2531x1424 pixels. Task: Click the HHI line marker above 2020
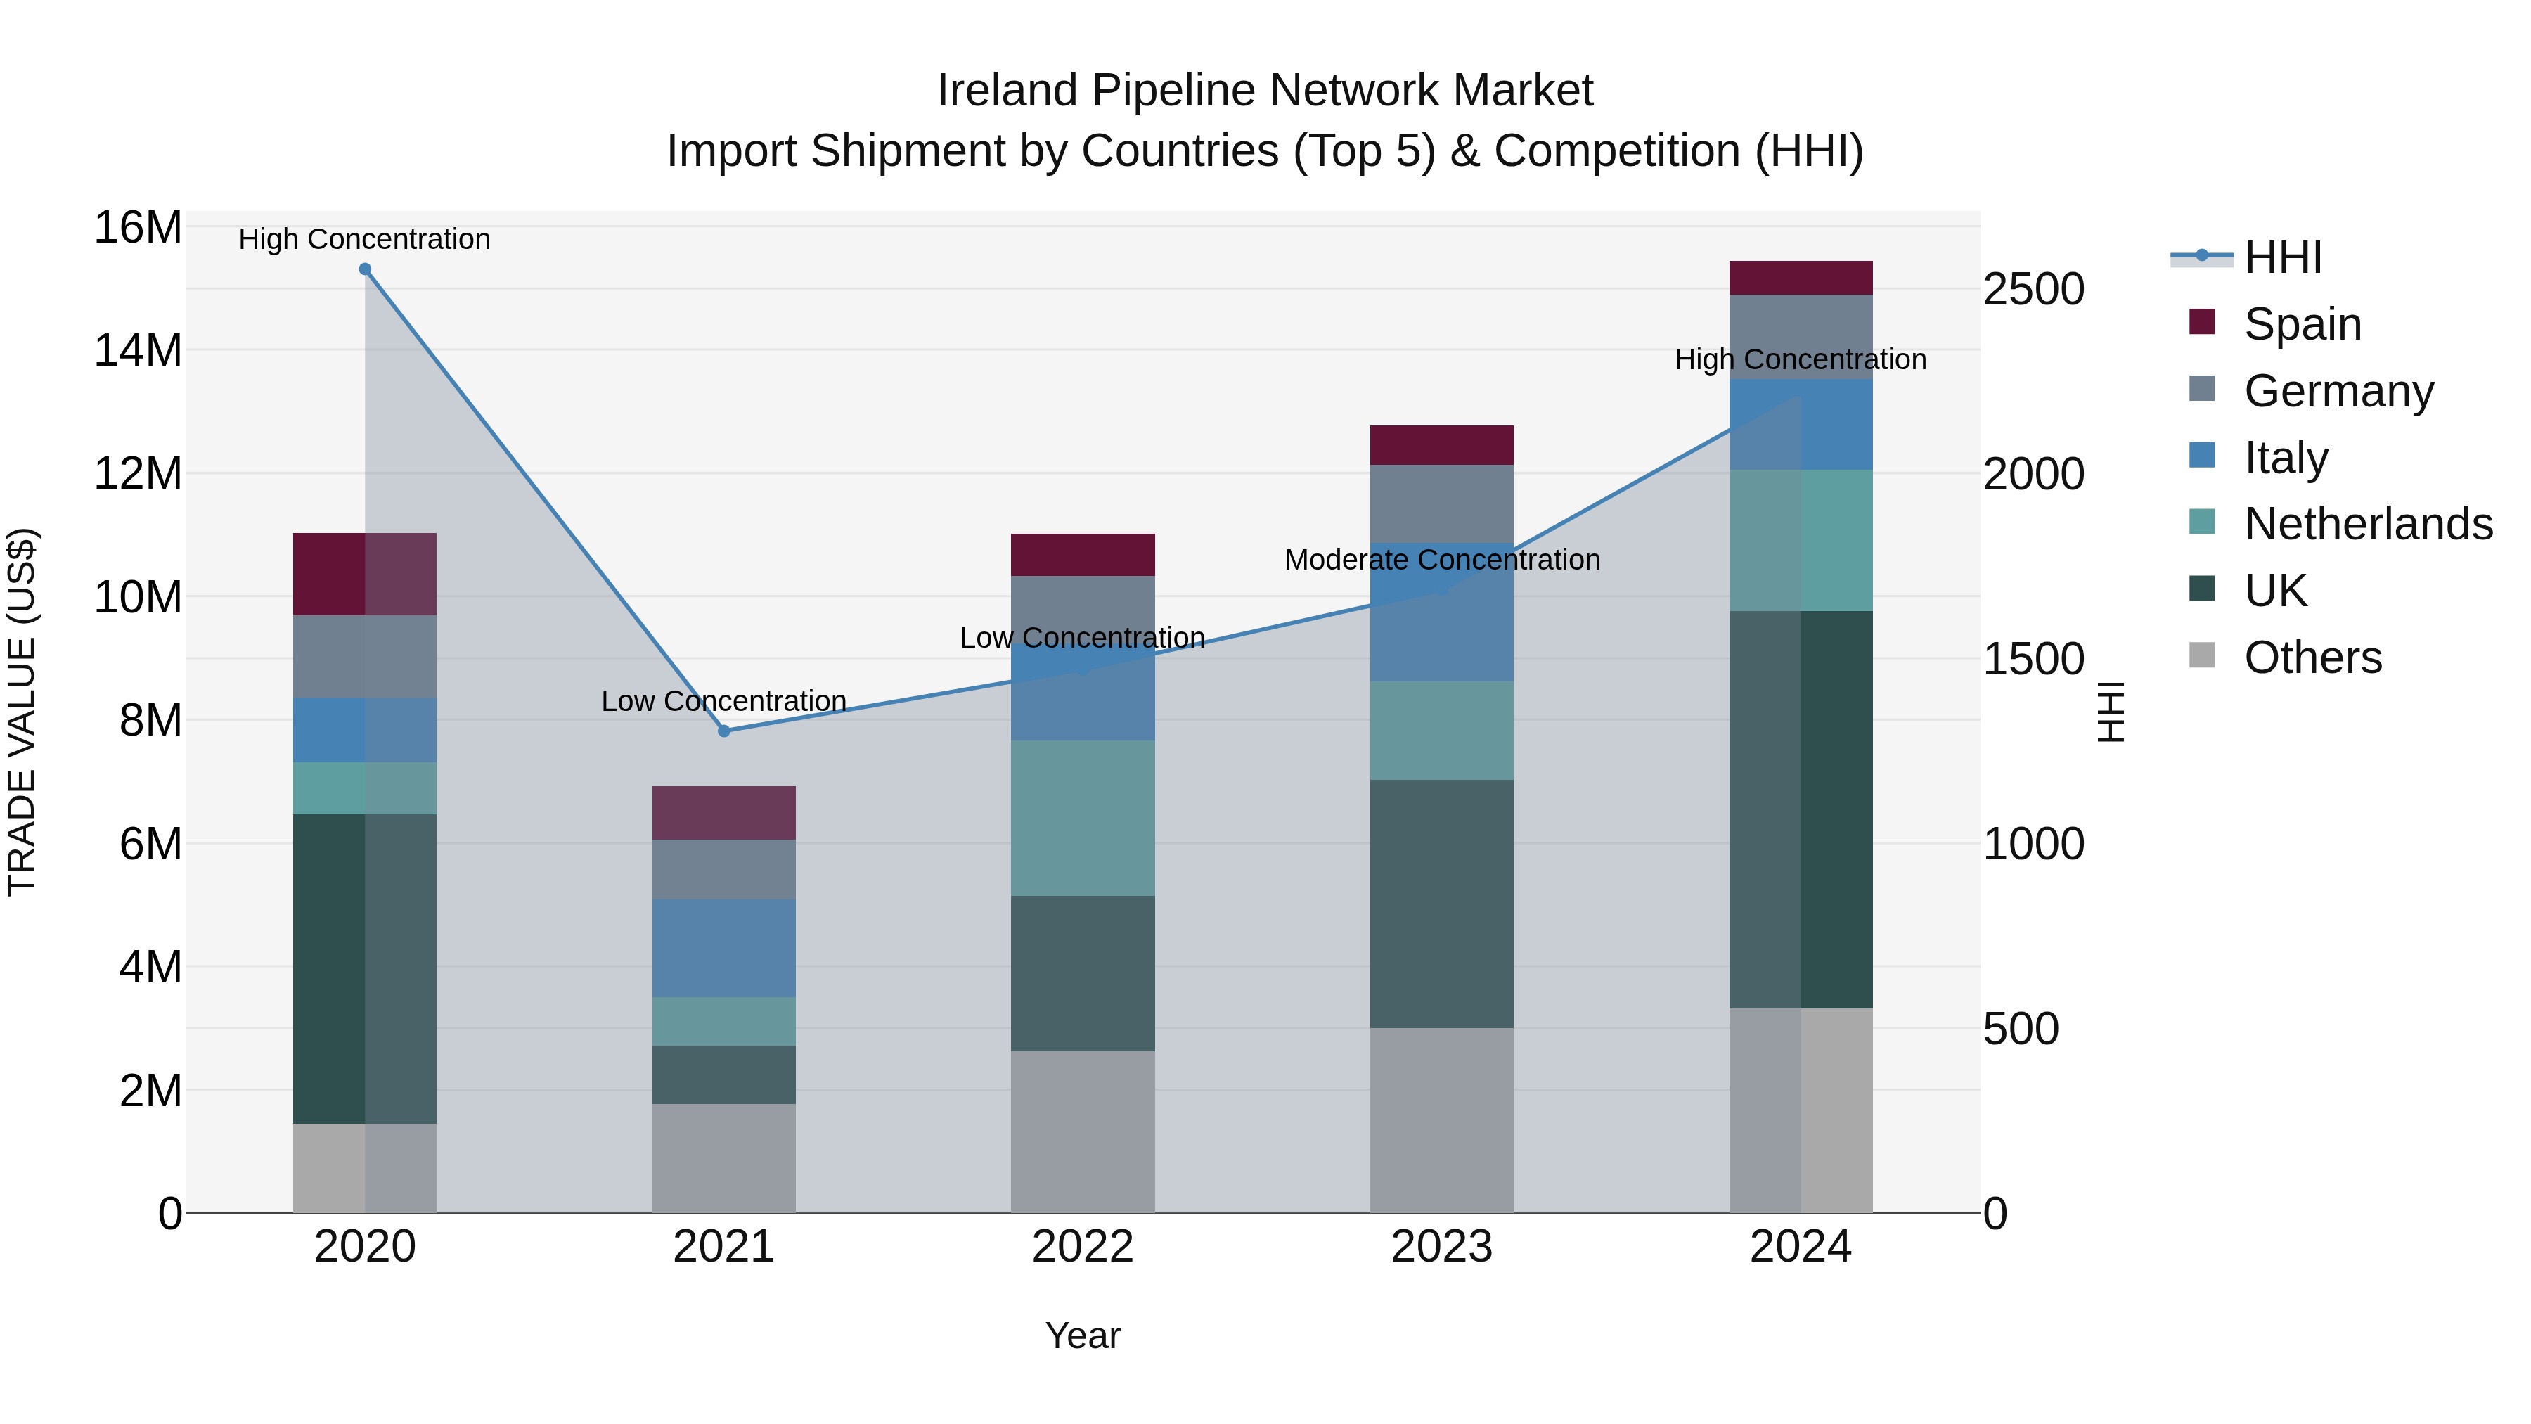click(364, 269)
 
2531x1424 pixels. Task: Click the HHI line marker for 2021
click(724, 731)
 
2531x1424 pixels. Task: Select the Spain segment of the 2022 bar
click(1083, 556)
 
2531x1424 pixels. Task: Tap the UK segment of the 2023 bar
click(1441, 904)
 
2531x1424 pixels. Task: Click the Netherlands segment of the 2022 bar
click(1083, 818)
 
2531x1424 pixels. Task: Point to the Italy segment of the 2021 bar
click(724, 949)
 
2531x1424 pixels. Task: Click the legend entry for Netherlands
click(2368, 524)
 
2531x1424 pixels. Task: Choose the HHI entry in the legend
click(2282, 257)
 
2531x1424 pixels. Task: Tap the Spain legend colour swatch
click(2202, 322)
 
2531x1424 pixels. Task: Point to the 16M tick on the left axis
click(138, 228)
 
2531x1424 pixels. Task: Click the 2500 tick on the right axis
click(2033, 290)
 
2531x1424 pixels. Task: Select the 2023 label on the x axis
click(1441, 1247)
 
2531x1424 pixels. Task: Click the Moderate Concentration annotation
click(1441, 560)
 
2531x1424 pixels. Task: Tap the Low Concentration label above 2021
click(724, 702)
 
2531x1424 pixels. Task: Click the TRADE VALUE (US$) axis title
click(22, 712)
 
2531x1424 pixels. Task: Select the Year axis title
click(1083, 1335)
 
